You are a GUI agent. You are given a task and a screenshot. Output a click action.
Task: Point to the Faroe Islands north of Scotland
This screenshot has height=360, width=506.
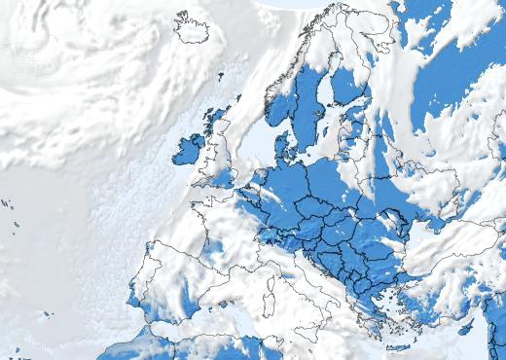click(220, 76)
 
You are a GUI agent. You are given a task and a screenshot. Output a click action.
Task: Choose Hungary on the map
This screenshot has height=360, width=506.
click(337, 230)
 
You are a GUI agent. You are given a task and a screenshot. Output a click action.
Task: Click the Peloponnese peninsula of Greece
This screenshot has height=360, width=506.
click(368, 317)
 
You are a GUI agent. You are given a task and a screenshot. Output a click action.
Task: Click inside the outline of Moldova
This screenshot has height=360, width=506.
click(393, 220)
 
